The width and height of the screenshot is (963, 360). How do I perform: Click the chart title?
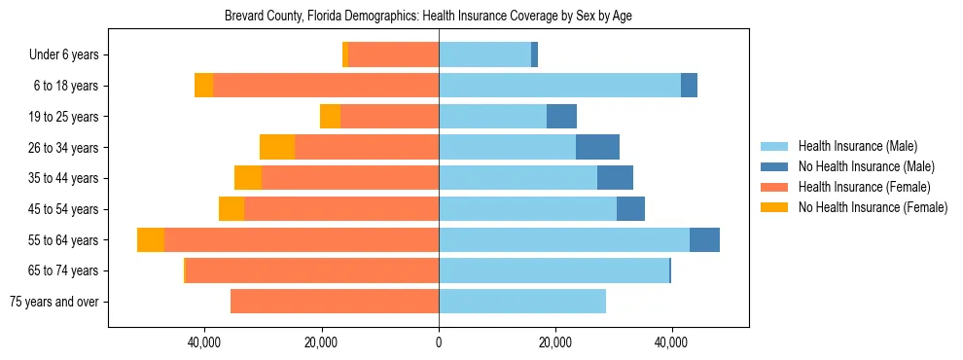(x=429, y=17)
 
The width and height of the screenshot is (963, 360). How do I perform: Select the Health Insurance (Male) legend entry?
(x=857, y=146)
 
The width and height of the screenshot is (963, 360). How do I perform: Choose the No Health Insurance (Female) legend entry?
(x=873, y=207)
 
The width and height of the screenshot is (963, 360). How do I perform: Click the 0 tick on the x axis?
(x=439, y=342)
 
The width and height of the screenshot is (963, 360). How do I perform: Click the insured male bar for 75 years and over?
(x=522, y=302)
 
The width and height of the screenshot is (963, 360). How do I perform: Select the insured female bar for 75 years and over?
(x=335, y=302)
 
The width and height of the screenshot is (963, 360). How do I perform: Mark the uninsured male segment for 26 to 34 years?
(x=597, y=148)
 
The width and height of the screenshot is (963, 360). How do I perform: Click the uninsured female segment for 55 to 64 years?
(x=151, y=240)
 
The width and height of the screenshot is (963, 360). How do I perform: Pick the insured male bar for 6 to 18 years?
(x=559, y=86)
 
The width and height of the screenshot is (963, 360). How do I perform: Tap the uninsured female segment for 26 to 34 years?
(x=277, y=148)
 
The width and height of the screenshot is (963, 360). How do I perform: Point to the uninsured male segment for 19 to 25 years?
(x=561, y=117)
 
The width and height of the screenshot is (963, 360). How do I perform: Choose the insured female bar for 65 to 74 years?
(x=312, y=270)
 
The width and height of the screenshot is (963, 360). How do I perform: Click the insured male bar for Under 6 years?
(x=484, y=55)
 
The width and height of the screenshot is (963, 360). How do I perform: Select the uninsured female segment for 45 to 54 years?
(x=232, y=209)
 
